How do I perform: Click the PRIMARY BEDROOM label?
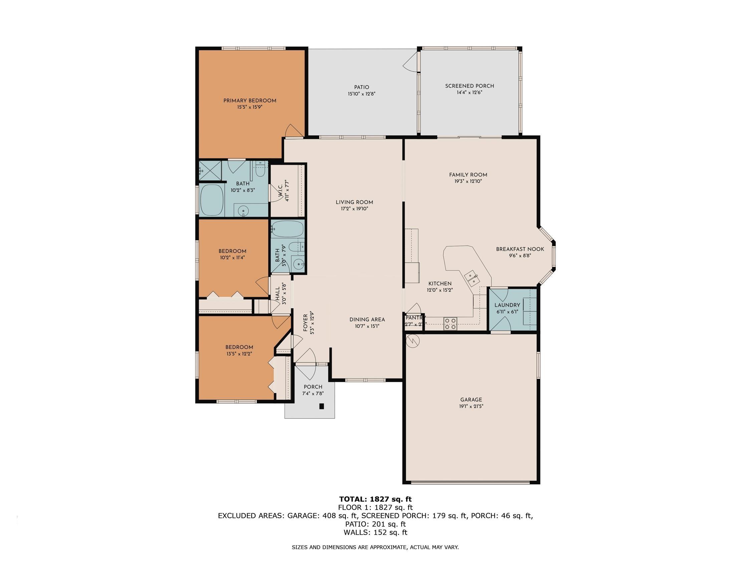250,100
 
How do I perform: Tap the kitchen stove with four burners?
450,324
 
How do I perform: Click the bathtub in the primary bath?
212,200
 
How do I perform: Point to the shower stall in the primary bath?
210,170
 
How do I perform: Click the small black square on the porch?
321,406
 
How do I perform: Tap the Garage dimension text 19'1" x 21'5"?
471,406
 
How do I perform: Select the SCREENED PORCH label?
469,86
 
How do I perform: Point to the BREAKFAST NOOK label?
520,249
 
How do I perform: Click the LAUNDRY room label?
507,305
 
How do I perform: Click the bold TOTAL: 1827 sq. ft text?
375,499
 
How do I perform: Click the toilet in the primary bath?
260,172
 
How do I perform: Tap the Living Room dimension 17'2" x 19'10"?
354,209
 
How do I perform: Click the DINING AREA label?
367,319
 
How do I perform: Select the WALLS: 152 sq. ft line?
375,532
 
